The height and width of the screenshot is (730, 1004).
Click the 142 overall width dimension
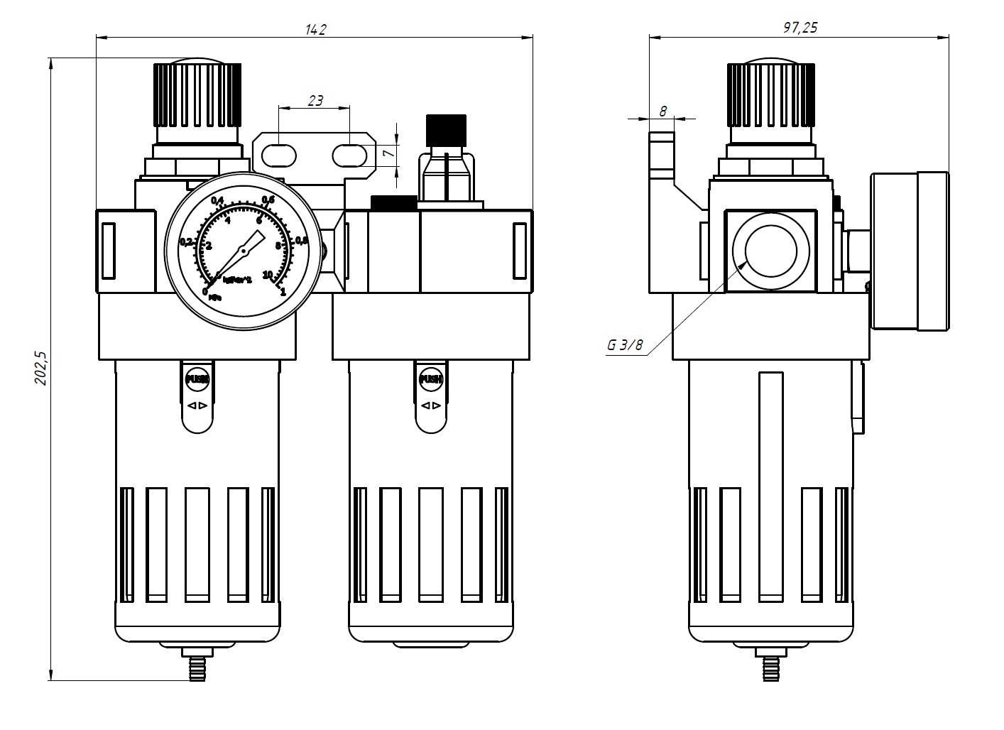315,29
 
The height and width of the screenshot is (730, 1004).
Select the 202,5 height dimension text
41,368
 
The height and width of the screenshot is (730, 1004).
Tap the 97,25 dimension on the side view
800,28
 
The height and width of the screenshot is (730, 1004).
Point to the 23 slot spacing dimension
315,100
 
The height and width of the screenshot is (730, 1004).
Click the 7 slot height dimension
387,153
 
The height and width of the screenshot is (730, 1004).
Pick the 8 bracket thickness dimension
662,111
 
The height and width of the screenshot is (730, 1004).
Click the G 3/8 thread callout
624,346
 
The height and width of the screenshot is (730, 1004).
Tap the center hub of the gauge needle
243,250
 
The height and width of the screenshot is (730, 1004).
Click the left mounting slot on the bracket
280,154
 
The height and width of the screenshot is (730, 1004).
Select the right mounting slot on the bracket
350,154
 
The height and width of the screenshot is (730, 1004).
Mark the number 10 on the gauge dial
268,274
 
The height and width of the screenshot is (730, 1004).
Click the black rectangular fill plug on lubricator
393,203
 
